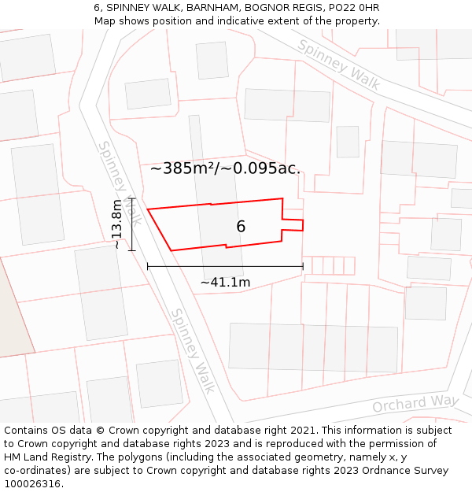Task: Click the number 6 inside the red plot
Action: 241,227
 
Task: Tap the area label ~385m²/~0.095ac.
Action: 225,168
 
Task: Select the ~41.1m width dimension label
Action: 225,283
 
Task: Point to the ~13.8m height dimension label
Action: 116,224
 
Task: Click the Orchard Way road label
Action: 415,404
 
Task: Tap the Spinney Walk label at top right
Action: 338,66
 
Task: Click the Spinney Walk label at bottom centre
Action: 194,350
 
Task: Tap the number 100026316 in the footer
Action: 33,484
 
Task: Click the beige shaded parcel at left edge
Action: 12,315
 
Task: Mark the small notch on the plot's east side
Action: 292,224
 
